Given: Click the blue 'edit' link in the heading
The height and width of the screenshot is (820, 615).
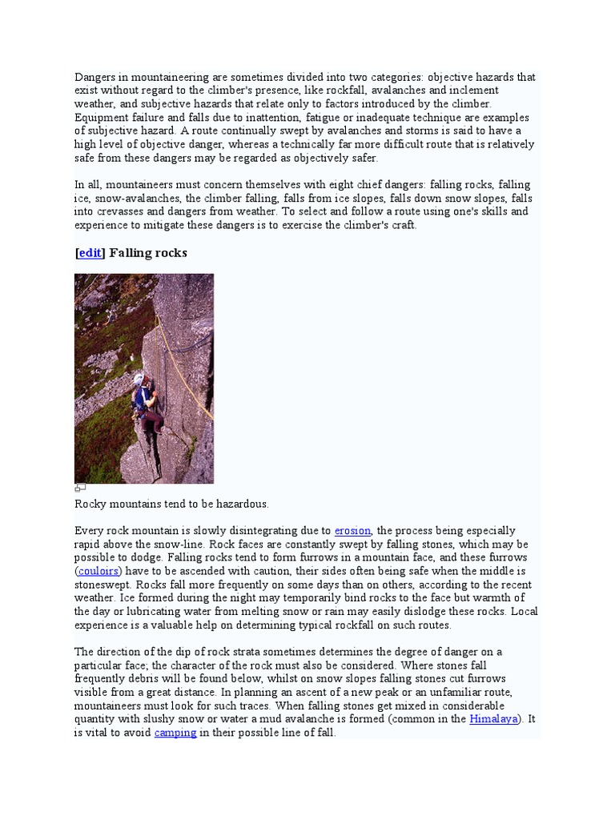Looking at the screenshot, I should pos(90,253).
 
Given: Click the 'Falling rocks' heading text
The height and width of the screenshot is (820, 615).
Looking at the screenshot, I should pos(148,253).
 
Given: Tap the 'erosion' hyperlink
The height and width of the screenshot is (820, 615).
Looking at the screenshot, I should pos(352,530).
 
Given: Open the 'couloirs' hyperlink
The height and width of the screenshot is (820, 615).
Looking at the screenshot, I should pos(98,571).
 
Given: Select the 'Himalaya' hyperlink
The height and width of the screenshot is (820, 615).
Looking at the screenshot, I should pos(494,719).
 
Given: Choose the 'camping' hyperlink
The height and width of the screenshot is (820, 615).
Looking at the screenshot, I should pos(175,733).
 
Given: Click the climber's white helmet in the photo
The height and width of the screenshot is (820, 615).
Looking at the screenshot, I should pos(139,378).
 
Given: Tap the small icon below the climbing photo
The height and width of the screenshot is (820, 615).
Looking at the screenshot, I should pos(80,488).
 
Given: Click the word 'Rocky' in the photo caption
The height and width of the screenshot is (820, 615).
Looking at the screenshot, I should pos(91,504).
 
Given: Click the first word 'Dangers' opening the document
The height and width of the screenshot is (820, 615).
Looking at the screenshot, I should pos(95,78).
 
